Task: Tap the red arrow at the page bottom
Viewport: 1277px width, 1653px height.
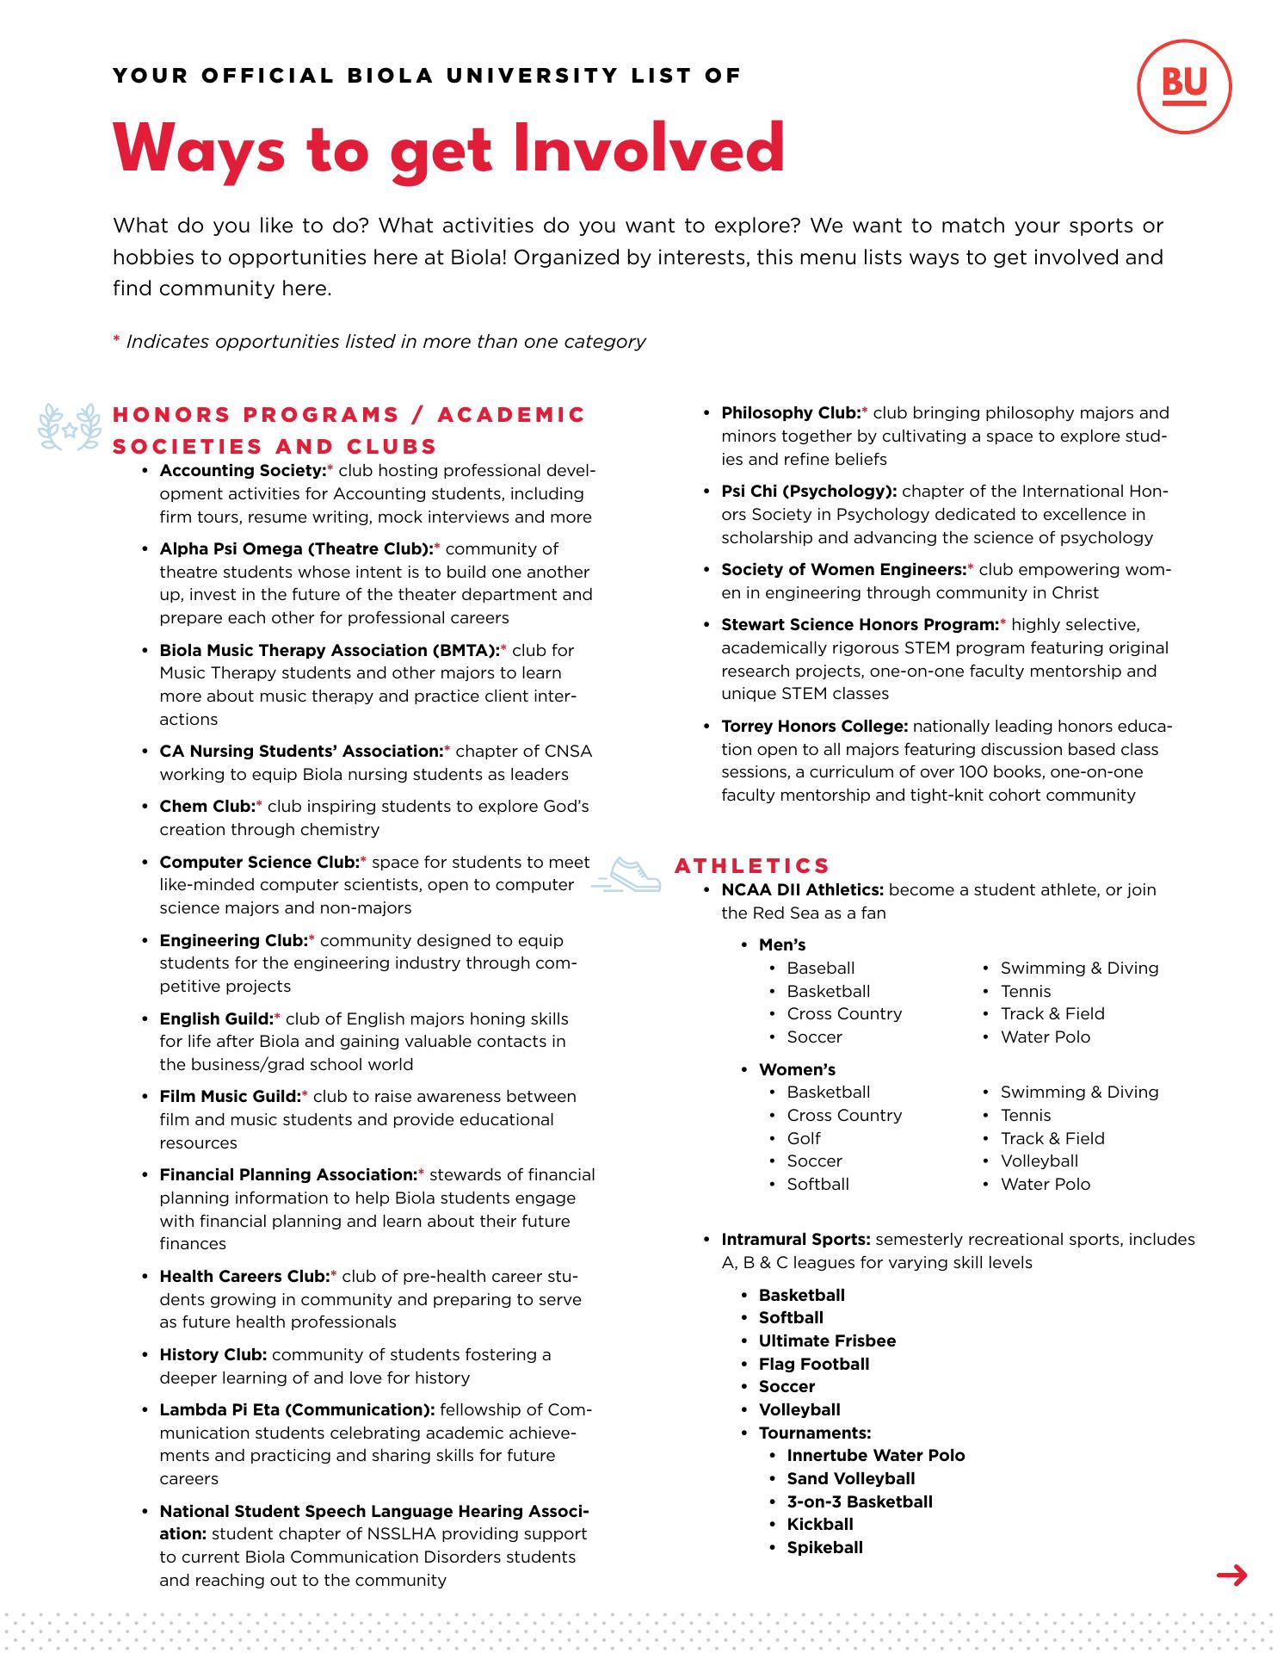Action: pos(1232,1576)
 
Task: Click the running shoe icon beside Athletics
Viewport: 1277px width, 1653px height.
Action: pos(627,875)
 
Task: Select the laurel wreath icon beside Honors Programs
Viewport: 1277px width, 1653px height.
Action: pos(70,427)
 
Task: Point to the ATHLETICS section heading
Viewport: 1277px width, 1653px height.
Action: pos(752,865)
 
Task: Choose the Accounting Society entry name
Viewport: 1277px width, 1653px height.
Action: pos(243,471)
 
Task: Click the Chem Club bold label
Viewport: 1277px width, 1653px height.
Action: pos(207,807)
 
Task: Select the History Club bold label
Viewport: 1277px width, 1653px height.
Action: pos(213,1355)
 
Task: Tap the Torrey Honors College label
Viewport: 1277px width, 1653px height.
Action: pos(814,727)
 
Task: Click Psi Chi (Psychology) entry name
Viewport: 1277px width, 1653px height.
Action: pos(809,492)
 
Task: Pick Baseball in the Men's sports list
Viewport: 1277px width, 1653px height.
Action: pos(820,969)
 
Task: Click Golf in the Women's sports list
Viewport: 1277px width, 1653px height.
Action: pos(804,1138)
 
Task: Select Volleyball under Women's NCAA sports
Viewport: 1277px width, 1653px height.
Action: pos(1039,1161)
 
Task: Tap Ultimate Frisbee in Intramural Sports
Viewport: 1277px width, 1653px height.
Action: pos(827,1341)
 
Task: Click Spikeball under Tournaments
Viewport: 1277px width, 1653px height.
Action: pos(824,1548)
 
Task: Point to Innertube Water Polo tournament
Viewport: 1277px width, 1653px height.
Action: pos(875,1456)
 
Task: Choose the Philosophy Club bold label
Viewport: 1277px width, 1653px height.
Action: pos(791,413)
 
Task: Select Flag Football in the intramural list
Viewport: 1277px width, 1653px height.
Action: pos(813,1365)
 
